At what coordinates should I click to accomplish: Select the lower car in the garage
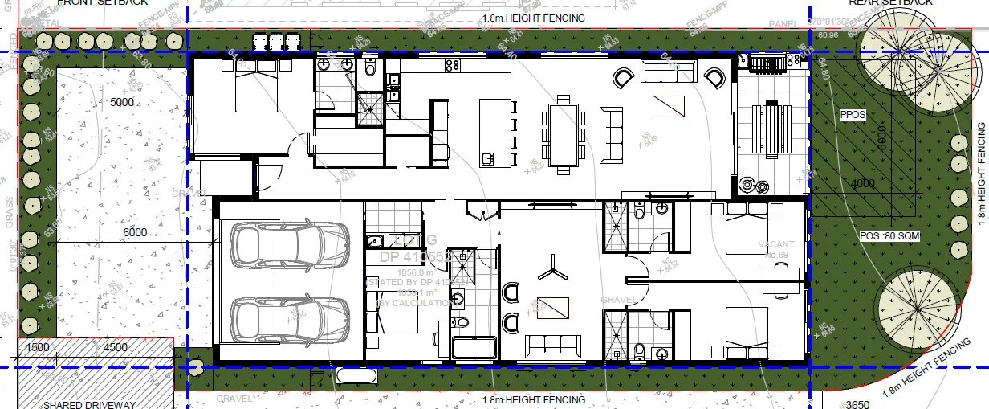290,318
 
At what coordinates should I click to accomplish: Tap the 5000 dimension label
122,103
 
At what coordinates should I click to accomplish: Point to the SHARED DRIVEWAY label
90,404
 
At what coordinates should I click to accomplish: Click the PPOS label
853,115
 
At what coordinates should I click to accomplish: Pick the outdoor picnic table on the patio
772,132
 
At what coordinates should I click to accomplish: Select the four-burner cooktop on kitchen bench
452,64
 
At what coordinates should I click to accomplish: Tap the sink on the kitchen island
487,157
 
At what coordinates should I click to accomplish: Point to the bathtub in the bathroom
474,348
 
